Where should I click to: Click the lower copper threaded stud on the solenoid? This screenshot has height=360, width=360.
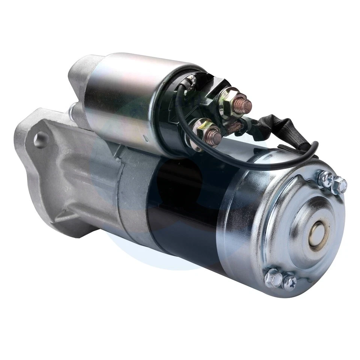[215, 138]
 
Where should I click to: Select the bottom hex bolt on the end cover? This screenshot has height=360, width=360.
[273, 278]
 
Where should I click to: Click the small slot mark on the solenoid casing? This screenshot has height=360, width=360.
[146, 139]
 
